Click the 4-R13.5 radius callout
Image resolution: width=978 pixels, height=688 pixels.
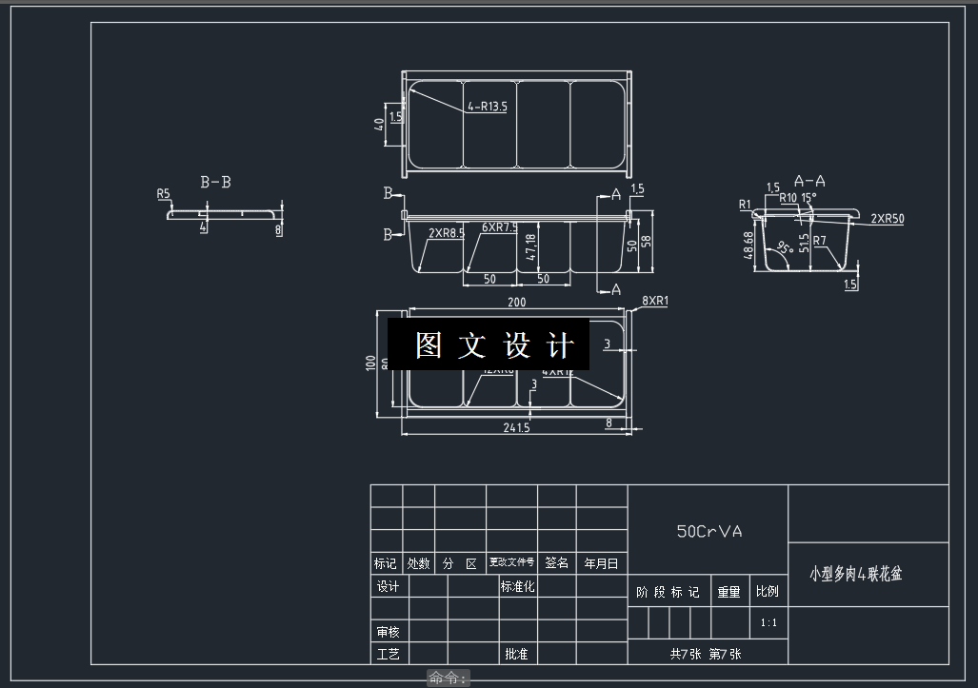click(x=487, y=108)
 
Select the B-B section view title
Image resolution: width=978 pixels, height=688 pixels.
click(x=215, y=182)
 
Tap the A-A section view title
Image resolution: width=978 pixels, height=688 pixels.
click(x=808, y=180)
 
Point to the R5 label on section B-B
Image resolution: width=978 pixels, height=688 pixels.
click(x=164, y=194)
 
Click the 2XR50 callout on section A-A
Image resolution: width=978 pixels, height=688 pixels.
click(x=887, y=219)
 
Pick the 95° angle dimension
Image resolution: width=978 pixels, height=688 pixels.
click(x=784, y=248)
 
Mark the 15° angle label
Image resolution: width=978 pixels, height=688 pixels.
click(x=808, y=198)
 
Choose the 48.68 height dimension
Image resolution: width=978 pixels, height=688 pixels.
click(x=749, y=245)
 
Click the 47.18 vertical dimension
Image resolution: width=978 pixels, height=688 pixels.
click(x=530, y=247)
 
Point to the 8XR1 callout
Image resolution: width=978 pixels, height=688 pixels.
click(x=655, y=302)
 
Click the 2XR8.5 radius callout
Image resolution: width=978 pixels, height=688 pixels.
click(x=446, y=232)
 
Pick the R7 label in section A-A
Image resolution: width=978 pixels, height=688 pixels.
click(x=819, y=241)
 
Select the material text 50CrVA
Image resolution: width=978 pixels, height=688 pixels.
click(x=709, y=532)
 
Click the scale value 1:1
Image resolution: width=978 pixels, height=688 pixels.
click(x=768, y=623)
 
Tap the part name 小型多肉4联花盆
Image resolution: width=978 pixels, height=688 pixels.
click(x=855, y=574)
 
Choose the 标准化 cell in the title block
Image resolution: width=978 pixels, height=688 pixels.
click(x=518, y=586)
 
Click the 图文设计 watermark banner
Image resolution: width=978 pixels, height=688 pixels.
click(x=489, y=344)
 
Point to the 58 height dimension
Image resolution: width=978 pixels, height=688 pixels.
click(x=648, y=244)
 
